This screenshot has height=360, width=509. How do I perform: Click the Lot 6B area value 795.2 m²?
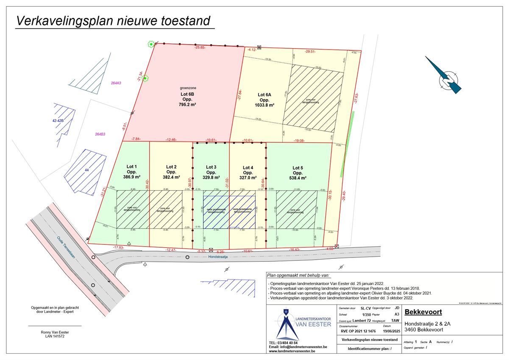click(186, 104)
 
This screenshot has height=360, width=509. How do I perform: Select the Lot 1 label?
click(132, 167)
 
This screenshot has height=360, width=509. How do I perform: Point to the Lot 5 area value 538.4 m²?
click(298, 178)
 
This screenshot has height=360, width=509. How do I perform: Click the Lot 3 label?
click(211, 167)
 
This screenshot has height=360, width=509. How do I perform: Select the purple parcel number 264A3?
click(116, 83)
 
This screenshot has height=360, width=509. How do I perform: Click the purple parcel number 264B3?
click(100, 134)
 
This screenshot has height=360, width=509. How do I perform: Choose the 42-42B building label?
click(58, 121)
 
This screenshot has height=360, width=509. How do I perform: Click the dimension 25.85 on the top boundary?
click(200, 47)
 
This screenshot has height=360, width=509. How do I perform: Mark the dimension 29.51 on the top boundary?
click(311, 52)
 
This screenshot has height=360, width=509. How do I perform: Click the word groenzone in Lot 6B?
click(186, 89)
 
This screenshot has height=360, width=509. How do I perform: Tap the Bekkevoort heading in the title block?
click(423, 312)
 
